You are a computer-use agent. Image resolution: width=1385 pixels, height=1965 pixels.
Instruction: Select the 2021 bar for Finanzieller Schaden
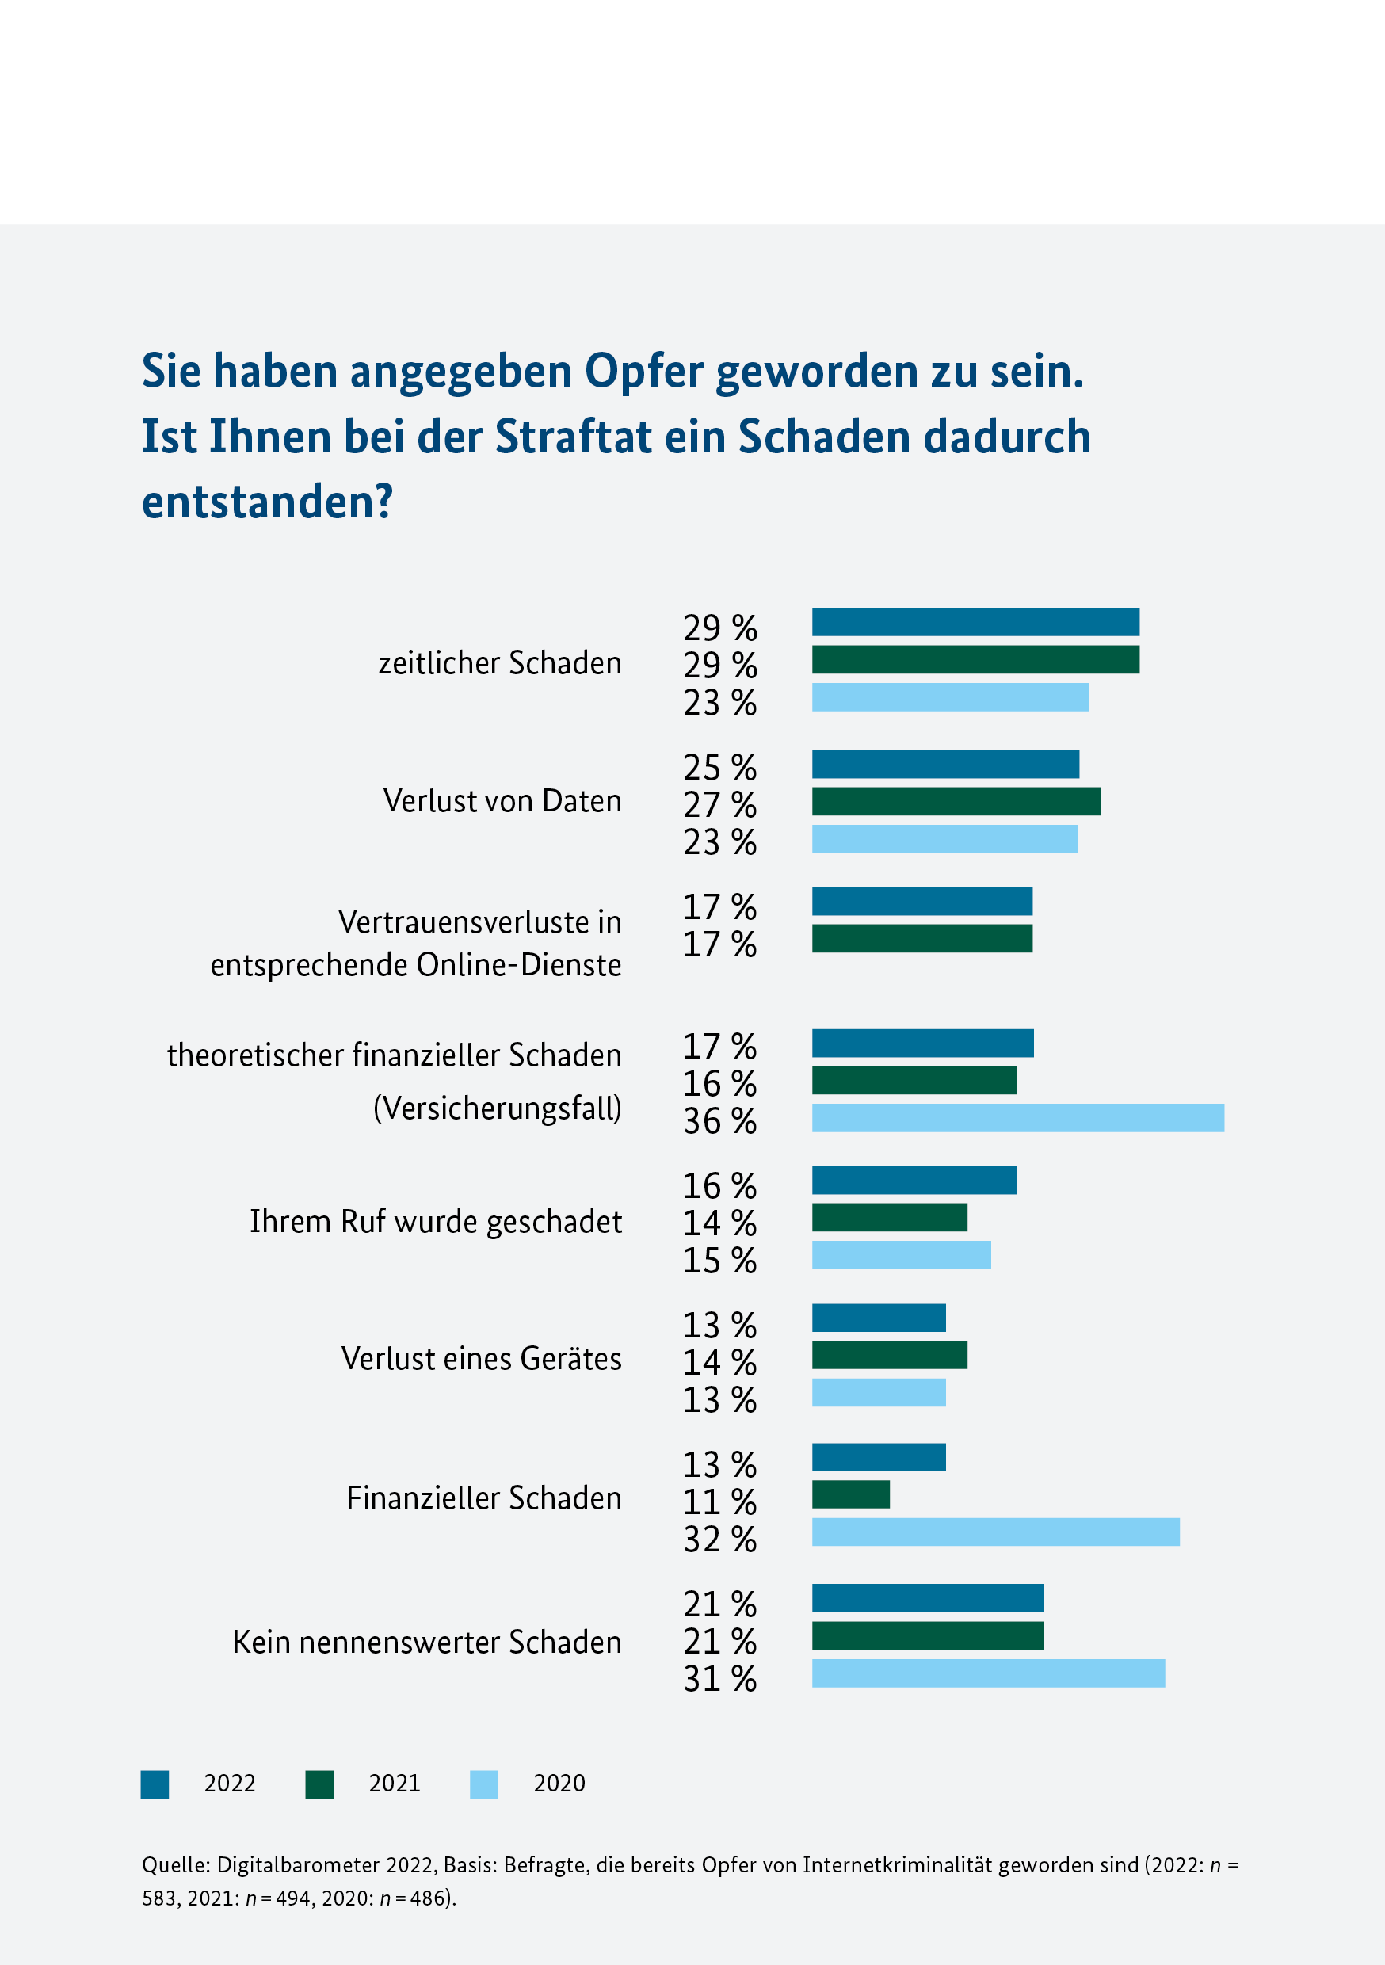(x=850, y=1494)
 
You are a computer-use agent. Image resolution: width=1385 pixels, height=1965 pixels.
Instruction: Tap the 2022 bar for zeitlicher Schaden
(x=975, y=622)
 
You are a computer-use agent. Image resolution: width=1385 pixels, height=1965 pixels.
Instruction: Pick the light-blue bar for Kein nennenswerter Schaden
(x=988, y=1673)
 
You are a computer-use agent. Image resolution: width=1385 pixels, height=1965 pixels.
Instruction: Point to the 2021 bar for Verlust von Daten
(x=956, y=801)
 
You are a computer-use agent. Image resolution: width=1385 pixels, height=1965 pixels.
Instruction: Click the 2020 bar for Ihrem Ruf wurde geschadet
(x=901, y=1254)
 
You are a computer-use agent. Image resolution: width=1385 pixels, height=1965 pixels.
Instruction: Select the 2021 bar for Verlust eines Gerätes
(x=888, y=1355)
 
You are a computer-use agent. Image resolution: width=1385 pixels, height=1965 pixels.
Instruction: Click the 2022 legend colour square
(x=155, y=1784)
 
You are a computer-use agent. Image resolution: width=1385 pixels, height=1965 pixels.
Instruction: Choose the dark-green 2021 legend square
(x=319, y=1784)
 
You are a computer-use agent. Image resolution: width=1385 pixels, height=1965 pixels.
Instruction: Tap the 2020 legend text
(x=559, y=1784)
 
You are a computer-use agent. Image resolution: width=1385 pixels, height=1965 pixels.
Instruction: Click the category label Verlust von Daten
(x=502, y=801)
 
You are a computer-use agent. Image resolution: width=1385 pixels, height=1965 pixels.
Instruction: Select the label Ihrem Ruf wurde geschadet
(x=436, y=1221)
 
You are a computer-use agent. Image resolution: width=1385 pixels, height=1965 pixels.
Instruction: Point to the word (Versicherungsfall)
(x=498, y=1108)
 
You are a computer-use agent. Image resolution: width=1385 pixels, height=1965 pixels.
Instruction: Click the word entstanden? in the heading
(x=267, y=502)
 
